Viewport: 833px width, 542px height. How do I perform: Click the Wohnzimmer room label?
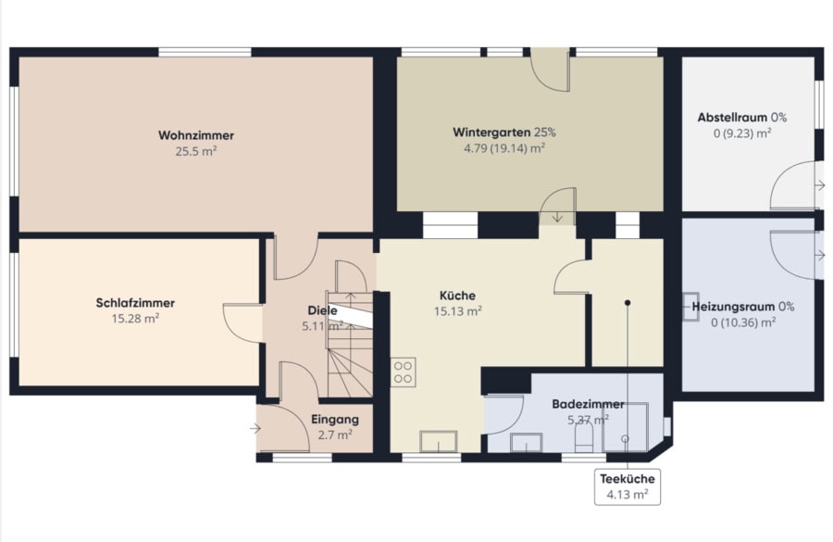tap(196, 135)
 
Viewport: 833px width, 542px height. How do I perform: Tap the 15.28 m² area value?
tap(135, 319)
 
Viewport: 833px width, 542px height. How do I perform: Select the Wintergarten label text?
tap(491, 132)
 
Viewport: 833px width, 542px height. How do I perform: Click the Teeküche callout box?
tap(628, 486)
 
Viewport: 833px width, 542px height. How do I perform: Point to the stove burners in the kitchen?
tap(404, 372)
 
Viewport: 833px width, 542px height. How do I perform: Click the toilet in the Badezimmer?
tap(584, 440)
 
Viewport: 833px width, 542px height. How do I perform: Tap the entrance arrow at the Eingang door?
tap(255, 428)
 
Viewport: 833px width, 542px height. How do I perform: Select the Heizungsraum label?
tap(733, 307)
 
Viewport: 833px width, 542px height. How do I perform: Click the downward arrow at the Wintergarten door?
tap(557, 217)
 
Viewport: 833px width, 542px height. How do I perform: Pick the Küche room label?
tap(457, 296)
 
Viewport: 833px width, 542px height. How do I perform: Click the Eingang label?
tap(335, 419)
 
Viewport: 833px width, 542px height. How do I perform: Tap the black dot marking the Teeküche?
tap(628, 303)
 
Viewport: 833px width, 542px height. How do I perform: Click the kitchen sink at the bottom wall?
tap(439, 441)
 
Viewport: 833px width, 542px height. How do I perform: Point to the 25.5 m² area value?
tap(196, 151)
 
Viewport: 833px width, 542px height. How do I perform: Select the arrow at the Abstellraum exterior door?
tap(820, 185)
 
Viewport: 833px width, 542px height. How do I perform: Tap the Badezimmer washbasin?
tap(527, 443)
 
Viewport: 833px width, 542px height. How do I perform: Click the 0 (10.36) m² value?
tap(743, 322)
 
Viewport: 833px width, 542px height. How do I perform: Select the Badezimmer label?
tap(588, 404)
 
